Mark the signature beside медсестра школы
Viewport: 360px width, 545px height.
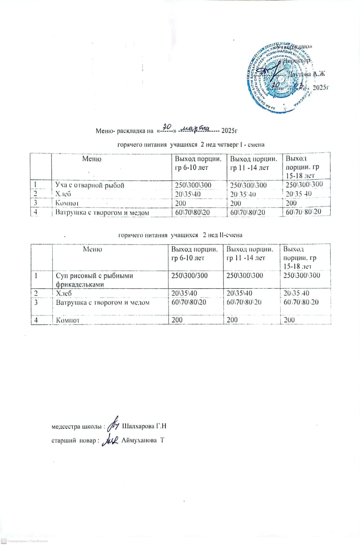(x=114, y=425)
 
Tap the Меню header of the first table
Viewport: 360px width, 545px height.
(x=91, y=159)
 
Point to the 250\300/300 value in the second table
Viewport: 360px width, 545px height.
(x=189, y=276)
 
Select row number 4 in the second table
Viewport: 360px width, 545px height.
(x=37, y=319)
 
